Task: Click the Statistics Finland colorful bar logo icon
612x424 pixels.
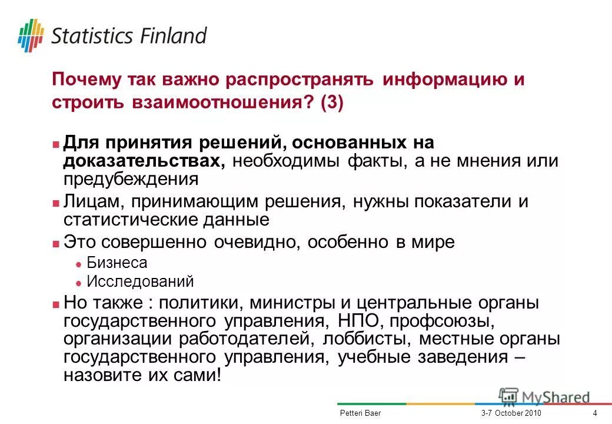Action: tap(31, 35)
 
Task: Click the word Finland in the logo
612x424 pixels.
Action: tap(174, 35)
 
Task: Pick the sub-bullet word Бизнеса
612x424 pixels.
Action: tap(117, 263)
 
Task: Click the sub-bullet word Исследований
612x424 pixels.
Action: tap(140, 281)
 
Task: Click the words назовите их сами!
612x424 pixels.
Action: tap(144, 375)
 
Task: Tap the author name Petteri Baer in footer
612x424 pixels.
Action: tap(360, 413)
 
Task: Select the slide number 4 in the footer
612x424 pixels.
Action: tap(595, 413)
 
